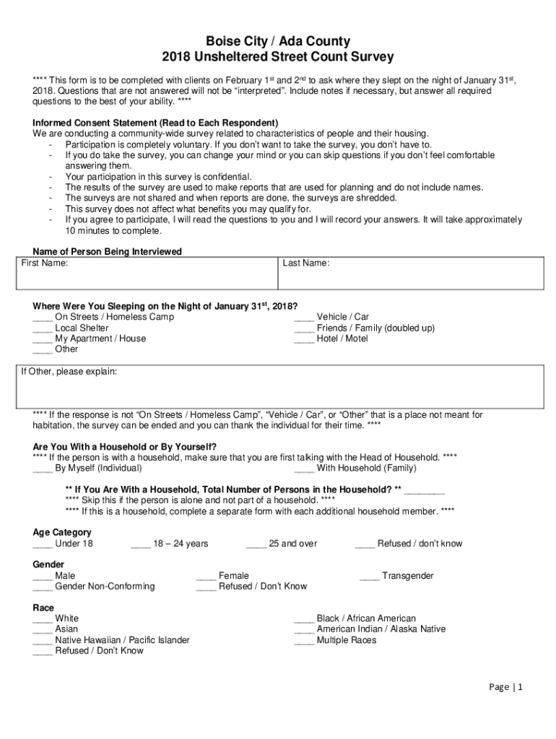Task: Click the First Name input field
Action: click(147, 275)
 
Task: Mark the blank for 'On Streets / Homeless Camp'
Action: click(42, 318)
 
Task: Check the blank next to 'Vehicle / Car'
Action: click(304, 318)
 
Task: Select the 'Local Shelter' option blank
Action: click(42, 328)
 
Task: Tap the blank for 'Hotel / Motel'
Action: click(304, 338)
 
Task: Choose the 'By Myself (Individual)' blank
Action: click(42, 468)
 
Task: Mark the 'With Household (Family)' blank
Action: click(304, 468)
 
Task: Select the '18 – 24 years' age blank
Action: click(140, 544)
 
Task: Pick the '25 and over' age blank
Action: click(256, 544)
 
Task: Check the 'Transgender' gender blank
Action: click(370, 577)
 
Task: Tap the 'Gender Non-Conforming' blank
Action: click(42, 587)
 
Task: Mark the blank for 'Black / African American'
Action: click(304, 619)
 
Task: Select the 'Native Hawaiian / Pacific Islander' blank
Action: click(42, 641)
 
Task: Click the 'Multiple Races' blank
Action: click(304, 641)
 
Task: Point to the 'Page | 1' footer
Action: click(505, 688)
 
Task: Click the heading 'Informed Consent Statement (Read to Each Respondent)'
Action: click(155, 123)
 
